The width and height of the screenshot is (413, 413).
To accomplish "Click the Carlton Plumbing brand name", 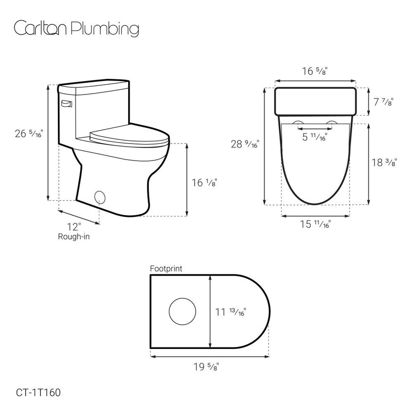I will tap(76, 29).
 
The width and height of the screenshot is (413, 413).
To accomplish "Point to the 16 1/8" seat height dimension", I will tap(203, 182).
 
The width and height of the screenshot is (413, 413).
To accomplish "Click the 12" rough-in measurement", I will tap(74, 226).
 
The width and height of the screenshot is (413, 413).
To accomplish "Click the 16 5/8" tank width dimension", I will tap(315, 71).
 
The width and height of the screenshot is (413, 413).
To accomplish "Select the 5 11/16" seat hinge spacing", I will tap(314, 137).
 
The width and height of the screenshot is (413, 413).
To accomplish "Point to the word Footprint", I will tap(166, 268).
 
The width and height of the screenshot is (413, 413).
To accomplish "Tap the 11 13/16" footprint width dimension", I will tap(230, 311).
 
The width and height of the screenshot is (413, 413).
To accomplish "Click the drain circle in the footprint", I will tap(183, 311).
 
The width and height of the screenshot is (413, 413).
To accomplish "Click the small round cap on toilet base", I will tap(100, 196).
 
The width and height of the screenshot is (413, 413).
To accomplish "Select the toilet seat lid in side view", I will tap(129, 136).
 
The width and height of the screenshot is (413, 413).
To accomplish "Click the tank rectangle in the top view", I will tap(315, 101).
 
